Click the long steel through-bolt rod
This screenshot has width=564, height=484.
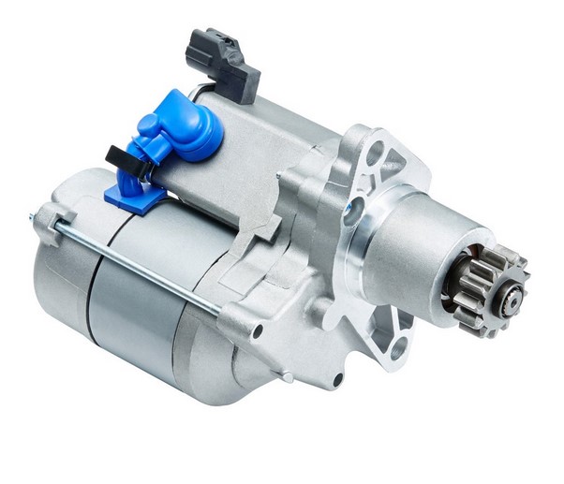click(141, 267)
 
